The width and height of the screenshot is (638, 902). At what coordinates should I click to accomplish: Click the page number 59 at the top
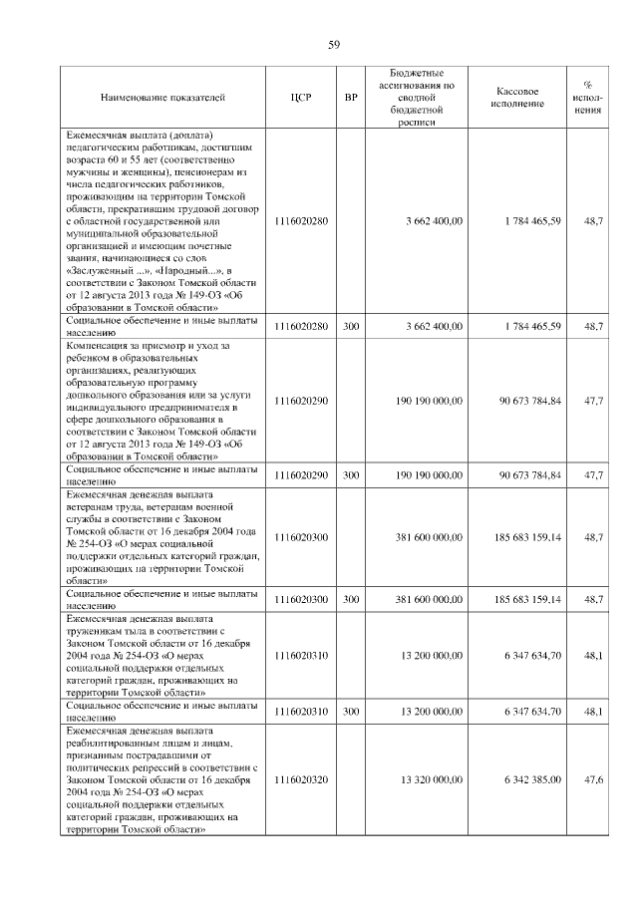(335, 44)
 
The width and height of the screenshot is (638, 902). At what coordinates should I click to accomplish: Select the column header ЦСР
(301, 98)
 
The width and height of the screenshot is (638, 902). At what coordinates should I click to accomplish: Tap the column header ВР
(351, 98)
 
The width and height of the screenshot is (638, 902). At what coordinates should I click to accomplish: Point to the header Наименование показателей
(162, 98)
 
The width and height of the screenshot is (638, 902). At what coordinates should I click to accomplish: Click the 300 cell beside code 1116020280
(351, 327)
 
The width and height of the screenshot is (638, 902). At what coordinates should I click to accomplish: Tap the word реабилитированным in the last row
(111, 743)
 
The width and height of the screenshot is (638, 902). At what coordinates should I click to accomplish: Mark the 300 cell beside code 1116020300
(351, 600)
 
